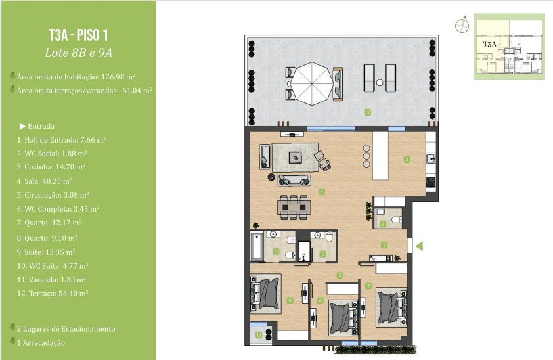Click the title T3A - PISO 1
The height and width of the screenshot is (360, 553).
[78, 35]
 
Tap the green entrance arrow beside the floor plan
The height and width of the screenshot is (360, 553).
[419, 246]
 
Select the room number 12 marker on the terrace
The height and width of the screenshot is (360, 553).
[368, 112]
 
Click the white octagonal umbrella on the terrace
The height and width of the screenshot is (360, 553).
[312, 84]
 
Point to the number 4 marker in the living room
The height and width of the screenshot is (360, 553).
[322, 192]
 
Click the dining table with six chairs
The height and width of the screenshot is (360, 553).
[294, 208]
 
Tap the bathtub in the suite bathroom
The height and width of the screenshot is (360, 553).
[257, 246]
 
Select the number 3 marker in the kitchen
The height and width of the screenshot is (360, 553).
[407, 160]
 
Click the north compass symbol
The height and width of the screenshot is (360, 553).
[462, 26]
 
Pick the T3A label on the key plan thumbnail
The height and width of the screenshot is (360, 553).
[489, 44]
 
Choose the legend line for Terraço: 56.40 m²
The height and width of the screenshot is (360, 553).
[53, 294]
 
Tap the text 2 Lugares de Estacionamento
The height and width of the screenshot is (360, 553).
[66, 329]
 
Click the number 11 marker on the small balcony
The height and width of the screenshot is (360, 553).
[259, 335]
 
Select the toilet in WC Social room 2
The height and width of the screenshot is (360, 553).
[397, 220]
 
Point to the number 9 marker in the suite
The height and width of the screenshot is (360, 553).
[290, 300]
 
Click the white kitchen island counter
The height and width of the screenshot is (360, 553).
[380, 156]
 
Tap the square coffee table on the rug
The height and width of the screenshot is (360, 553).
[295, 157]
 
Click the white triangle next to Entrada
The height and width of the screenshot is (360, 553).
[22, 126]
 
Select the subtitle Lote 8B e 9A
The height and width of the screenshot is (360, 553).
[78, 53]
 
